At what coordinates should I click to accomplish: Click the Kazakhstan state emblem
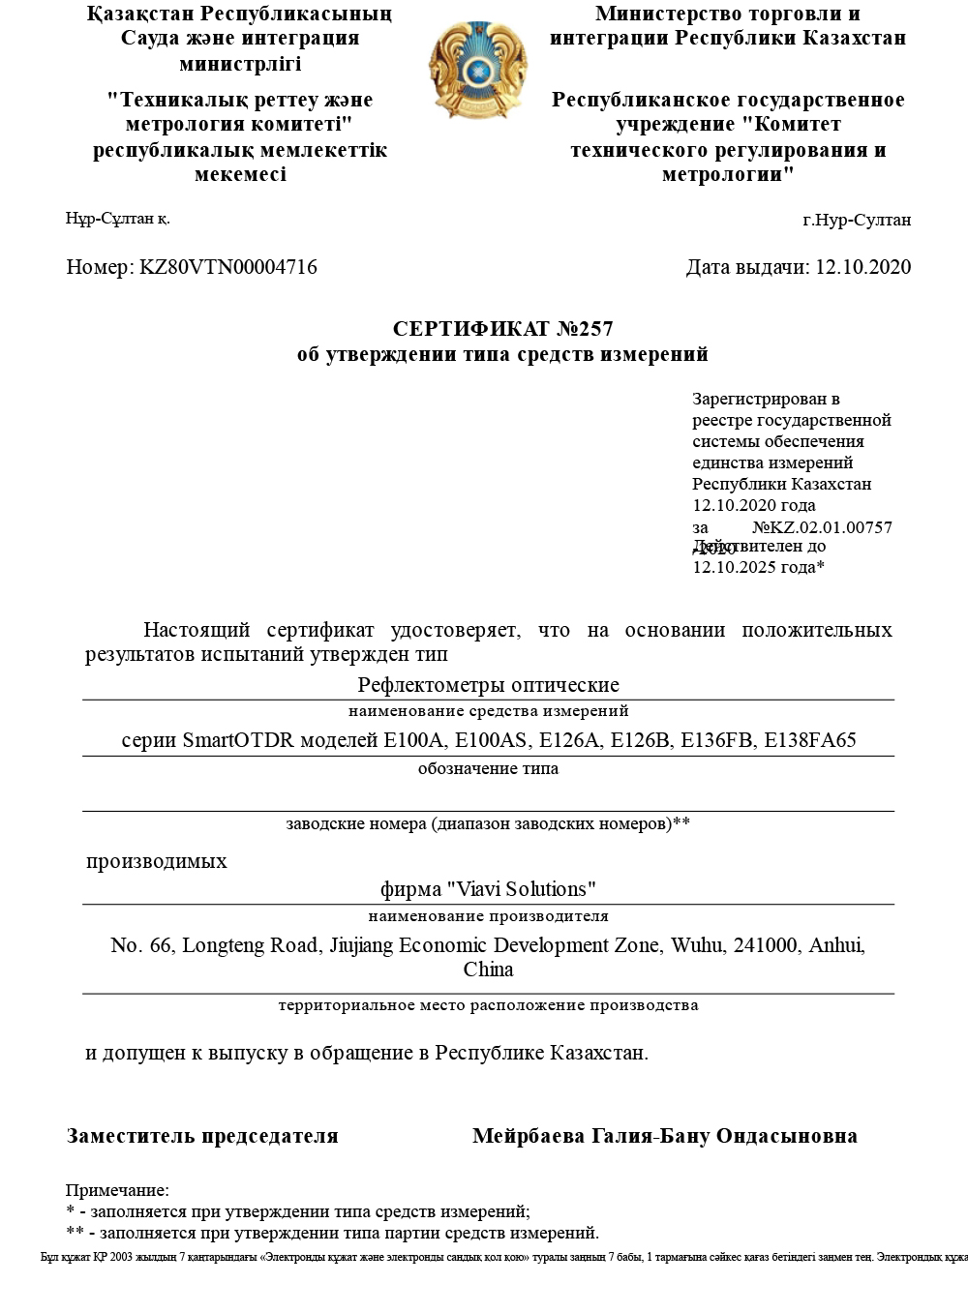(x=477, y=71)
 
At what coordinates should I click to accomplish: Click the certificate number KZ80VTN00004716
(x=228, y=267)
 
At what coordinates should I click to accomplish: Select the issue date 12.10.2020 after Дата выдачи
(x=863, y=267)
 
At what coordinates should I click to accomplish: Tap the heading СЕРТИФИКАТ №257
(x=502, y=329)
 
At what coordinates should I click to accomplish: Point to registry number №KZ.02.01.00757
(x=822, y=527)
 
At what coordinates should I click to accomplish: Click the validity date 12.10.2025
(x=737, y=567)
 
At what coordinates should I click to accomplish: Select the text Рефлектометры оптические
(x=488, y=685)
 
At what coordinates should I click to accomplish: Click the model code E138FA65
(x=810, y=741)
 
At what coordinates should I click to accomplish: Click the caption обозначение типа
(x=488, y=769)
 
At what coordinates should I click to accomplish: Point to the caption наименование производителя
(x=488, y=916)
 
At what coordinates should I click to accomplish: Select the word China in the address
(x=488, y=970)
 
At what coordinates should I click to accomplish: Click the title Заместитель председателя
(x=202, y=1136)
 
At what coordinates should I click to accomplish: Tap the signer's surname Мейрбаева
(x=529, y=1136)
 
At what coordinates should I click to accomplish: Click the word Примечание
(x=117, y=1190)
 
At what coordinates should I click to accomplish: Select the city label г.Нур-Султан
(x=857, y=220)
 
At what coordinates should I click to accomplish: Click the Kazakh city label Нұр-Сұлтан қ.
(x=118, y=219)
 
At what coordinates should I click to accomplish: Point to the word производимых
(x=157, y=861)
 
